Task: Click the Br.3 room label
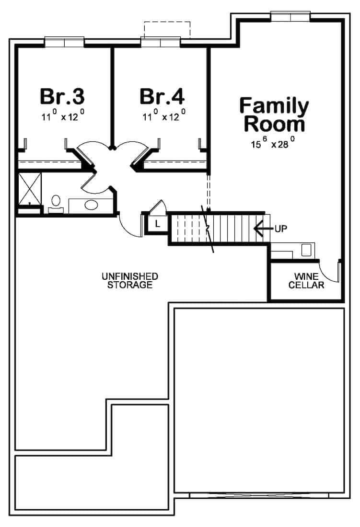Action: click(62, 96)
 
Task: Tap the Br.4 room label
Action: click(162, 96)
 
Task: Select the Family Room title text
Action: click(274, 115)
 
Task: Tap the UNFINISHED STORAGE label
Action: click(130, 281)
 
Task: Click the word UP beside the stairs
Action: click(280, 229)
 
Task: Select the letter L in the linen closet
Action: click(157, 224)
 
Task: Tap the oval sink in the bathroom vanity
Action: click(91, 205)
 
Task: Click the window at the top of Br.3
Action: click(64, 42)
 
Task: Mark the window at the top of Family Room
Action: click(290, 16)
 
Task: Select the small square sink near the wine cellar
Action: click(305, 249)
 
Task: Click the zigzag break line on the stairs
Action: click(209, 229)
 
